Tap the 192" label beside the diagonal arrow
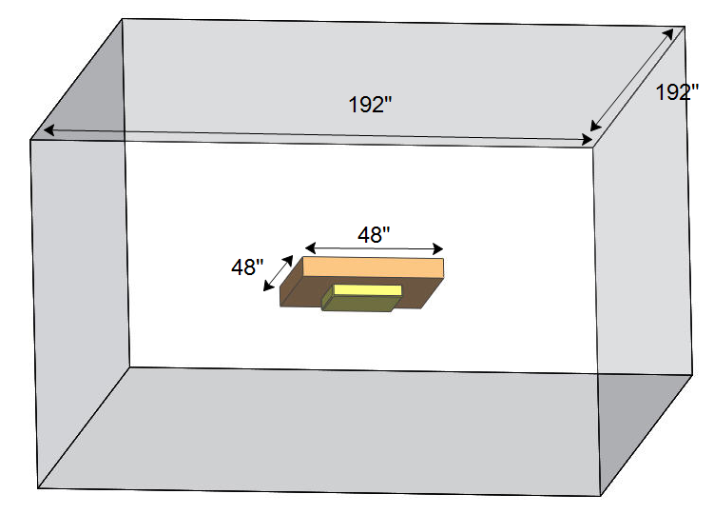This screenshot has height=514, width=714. click(x=677, y=93)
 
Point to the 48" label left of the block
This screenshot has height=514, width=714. click(x=248, y=267)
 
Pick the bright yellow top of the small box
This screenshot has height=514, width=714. click(x=367, y=289)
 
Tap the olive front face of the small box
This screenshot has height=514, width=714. click(x=358, y=305)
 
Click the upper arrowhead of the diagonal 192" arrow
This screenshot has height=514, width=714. click(x=677, y=31)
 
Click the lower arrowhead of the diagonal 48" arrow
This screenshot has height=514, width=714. click(x=267, y=287)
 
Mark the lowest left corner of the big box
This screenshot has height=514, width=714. click(x=38, y=488)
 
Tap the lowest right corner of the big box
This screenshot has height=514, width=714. click(x=601, y=496)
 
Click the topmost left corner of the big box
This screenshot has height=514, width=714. click(x=123, y=18)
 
